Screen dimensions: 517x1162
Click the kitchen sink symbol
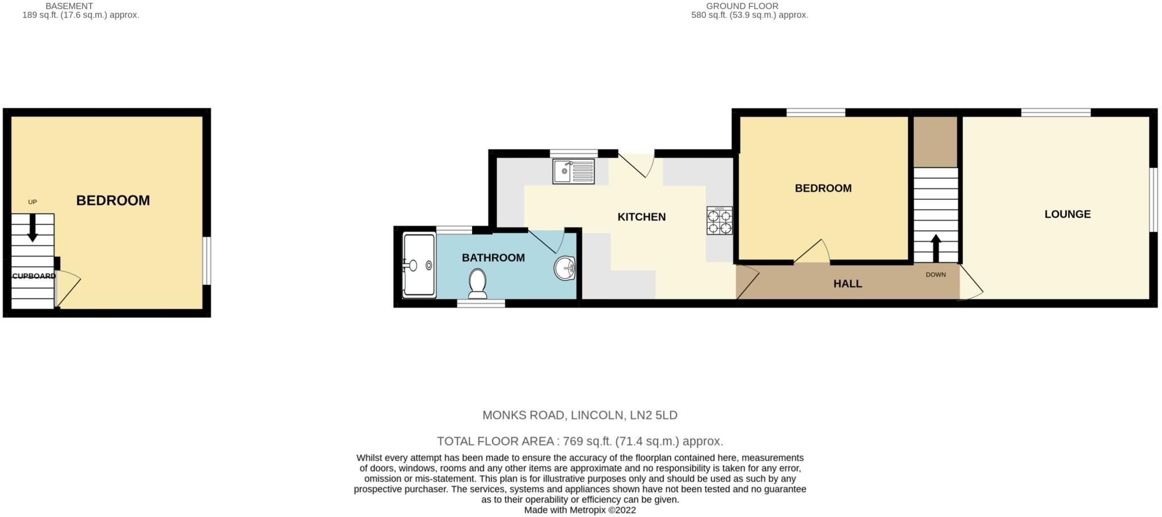(574, 171)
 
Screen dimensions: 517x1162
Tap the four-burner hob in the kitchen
(719, 221)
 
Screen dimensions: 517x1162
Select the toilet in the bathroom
(478, 283)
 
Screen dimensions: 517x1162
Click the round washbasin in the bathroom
(565, 268)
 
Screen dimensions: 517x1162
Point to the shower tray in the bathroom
(419, 265)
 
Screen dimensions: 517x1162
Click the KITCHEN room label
(641, 217)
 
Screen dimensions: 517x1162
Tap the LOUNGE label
(1067, 214)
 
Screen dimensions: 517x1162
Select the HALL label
(847, 283)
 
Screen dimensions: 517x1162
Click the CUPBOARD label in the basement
(34, 276)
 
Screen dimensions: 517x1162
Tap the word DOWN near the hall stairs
(936, 275)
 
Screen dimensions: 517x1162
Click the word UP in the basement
(32, 202)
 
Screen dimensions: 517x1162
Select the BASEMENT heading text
(69, 6)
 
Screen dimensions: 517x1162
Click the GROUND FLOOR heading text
(742, 6)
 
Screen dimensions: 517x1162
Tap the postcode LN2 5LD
(654, 415)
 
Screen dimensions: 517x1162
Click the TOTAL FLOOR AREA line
(579, 441)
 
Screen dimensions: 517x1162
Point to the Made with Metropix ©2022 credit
(579, 510)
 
